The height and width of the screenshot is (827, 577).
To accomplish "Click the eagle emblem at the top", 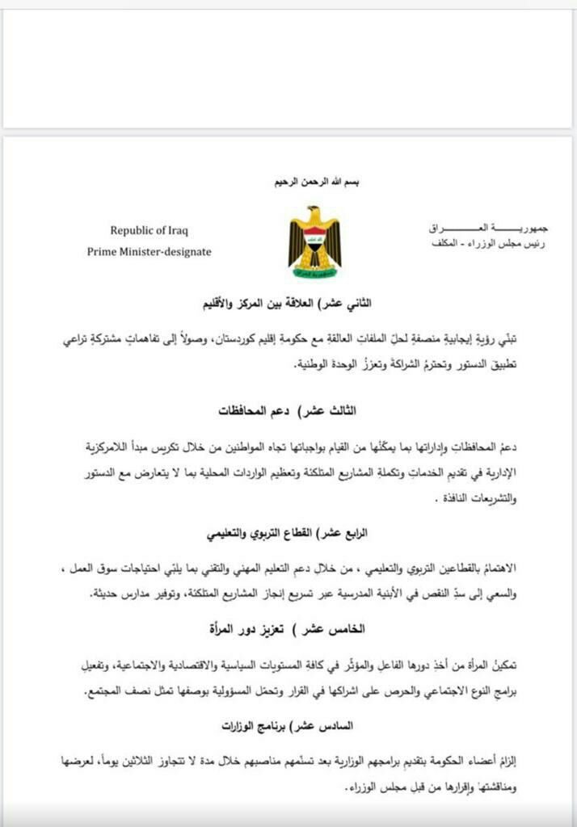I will click(x=314, y=241).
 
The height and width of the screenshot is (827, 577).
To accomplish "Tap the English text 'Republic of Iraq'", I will click(x=150, y=230).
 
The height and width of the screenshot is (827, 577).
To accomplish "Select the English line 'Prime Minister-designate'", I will click(x=150, y=251).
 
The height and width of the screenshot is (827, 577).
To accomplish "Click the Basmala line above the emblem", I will click(x=315, y=183).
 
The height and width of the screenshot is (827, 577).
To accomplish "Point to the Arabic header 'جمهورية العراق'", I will click(x=486, y=229).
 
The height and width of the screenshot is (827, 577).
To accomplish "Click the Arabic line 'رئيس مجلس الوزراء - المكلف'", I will click(x=486, y=244).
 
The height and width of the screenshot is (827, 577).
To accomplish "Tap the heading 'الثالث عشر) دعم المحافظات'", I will click(x=288, y=411).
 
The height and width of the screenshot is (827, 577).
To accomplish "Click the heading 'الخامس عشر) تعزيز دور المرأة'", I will click(x=288, y=628).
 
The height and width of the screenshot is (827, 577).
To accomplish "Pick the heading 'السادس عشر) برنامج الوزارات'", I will click(x=288, y=726).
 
